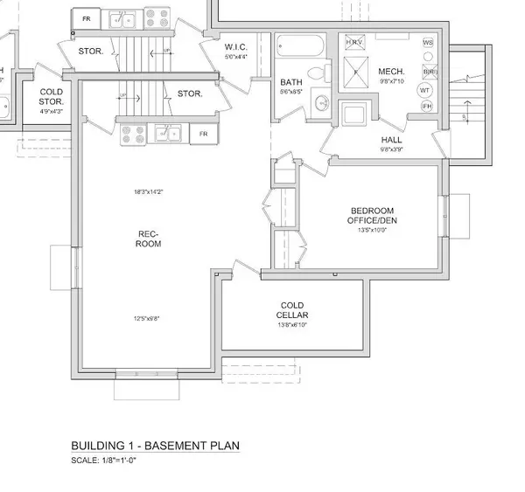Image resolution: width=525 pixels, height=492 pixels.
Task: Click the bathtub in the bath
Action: [300, 45]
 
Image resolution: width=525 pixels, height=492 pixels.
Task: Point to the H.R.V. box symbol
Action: [354, 42]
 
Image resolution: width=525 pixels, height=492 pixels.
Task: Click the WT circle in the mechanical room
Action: [425, 89]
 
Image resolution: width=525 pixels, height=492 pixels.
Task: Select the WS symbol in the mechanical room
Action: [427, 42]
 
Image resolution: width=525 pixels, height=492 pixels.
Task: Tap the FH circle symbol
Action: [427, 106]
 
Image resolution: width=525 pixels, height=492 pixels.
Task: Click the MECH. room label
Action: [389, 71]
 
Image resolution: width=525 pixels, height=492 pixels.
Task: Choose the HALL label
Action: [391, 139]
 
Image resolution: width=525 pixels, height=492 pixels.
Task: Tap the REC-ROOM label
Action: [147, 239]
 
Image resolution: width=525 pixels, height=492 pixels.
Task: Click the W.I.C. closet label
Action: [236, 47]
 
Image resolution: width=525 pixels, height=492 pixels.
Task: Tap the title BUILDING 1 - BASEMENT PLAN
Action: [155, 446]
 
